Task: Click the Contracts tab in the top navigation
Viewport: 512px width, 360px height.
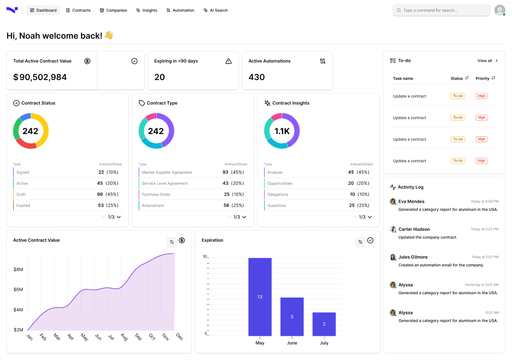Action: [x=78, y=10]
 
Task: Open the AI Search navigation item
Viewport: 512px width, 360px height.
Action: [x=216, y=10]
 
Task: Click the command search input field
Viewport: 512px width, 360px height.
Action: [x=441, y=10]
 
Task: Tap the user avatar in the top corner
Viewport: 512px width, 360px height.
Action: [x=500, y=10]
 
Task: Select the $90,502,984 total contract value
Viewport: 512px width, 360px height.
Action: [x=40, y=77]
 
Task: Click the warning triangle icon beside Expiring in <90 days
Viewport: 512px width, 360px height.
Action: [x=229, y=61]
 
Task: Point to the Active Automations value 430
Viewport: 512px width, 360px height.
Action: [x=257, y=77]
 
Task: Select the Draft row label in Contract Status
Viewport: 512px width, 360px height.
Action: [x=21, y=194]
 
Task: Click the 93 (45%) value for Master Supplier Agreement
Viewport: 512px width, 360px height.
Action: [x=233, y=172]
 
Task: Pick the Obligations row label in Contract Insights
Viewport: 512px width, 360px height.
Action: [x=278, y=194]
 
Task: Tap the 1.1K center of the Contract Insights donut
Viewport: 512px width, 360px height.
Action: [x=282, y=131]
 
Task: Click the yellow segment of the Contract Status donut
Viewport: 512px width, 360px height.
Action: [x=45, y=131]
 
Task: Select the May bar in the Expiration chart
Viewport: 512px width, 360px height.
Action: [x=260, y=297]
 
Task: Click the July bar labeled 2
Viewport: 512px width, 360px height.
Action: [x=324, y=324]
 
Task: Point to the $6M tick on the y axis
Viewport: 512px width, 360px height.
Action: [x=18, y=289]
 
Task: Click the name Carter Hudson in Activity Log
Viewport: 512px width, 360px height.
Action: [x=414, y=229]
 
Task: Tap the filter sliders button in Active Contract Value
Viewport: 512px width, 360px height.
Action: [x=172, y=242]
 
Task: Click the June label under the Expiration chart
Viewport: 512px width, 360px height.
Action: [x=292, y=343]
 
